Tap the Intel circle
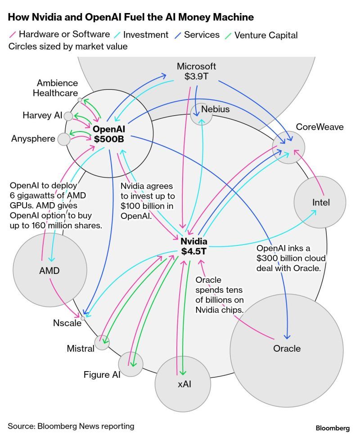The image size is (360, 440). click(x=320, y=203)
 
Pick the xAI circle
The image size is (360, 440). click(x=182, y=383)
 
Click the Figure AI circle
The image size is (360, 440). click(x=130, y=364)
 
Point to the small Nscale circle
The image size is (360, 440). click(x=83, y=318)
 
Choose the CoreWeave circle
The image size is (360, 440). click(x=288, y=147)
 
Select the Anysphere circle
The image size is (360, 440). click(x=64, y=139)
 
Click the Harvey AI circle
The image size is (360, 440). click(x=68, y=116)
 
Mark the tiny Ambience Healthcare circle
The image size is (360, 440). click(x=80, y=100)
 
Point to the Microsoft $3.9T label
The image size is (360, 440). click(x=196, y=71)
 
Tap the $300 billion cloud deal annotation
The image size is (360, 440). click(x=288, y=259)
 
